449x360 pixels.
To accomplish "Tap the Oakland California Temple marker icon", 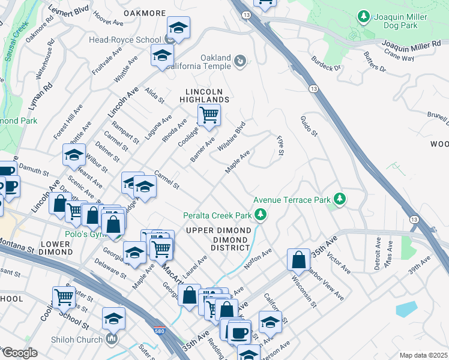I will point(240,61).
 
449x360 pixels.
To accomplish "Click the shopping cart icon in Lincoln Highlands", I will point(208,114).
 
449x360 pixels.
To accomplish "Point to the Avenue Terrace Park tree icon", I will point(339,199).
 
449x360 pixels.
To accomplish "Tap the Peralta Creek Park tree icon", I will point(260,214).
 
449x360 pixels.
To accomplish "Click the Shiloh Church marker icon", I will point(111,340).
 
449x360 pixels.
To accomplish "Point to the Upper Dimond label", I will point(218,231).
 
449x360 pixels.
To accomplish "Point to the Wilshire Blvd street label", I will point(232,137).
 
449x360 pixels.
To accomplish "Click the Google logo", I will point(20,353).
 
